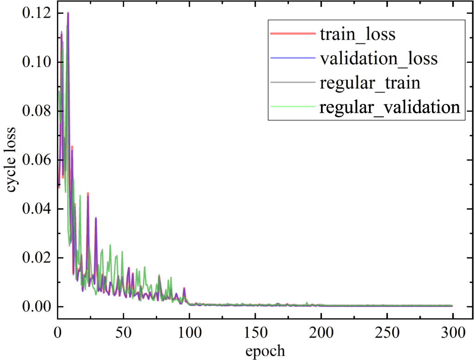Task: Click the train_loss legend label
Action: [x=357, y=35]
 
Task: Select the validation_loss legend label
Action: [x=378, y=59]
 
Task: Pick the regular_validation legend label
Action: [x=389, y=107]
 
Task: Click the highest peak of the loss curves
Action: [x=68, y=13]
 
